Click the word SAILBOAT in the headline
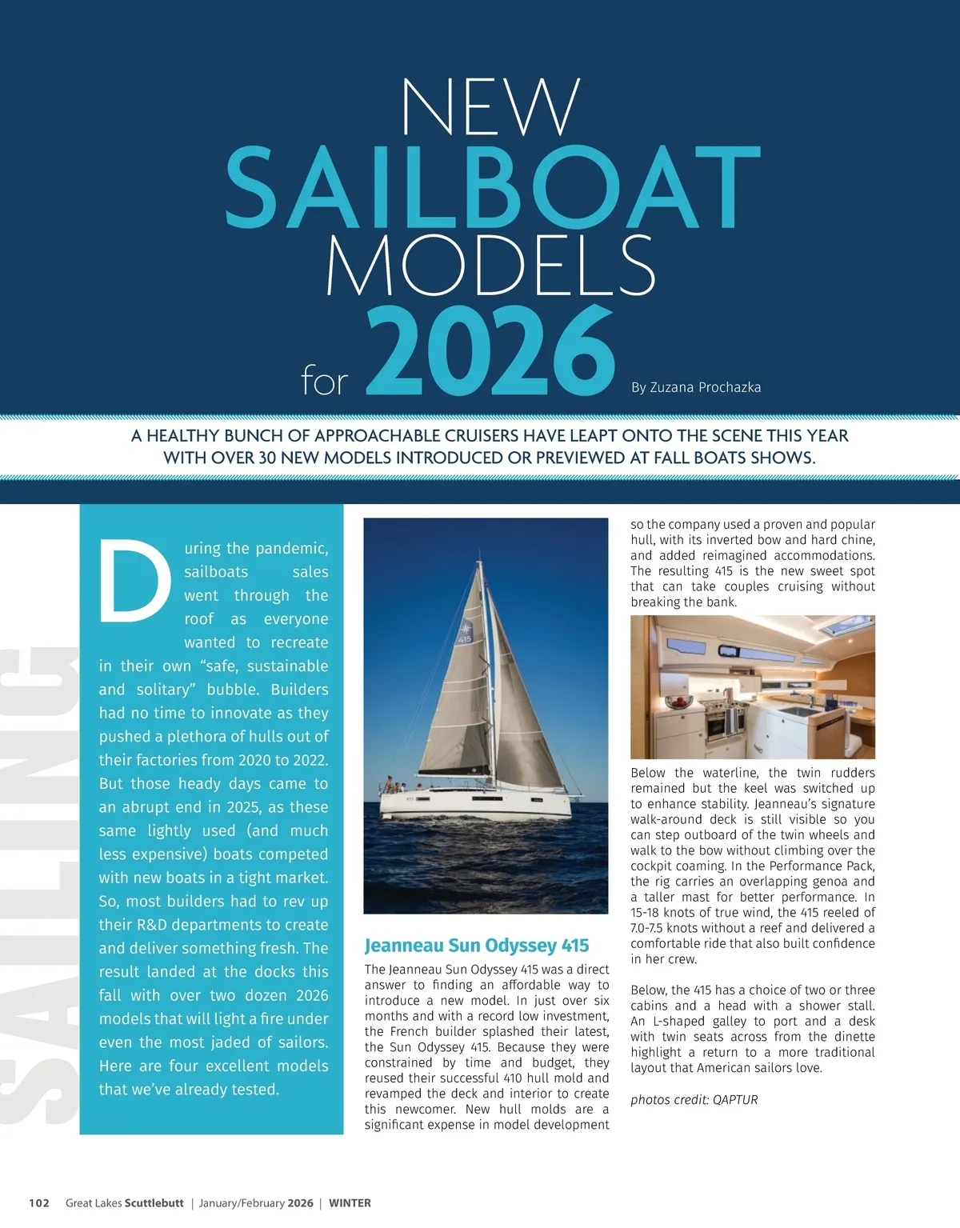pos(492,187)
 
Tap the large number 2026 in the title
pos(490,353)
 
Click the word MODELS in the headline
pos(490,263)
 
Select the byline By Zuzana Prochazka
pos(696,387)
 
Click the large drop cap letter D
pos(134,582)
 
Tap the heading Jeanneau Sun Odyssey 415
pos(477,946)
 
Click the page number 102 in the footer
pos(39,1203)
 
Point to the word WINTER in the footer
pos(350,1203)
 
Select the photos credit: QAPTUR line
pos(694,1099)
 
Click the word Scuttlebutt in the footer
pos(154,1203)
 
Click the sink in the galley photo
pos(797,710)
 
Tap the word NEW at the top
pos(490,107)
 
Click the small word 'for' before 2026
pos(324,382)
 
